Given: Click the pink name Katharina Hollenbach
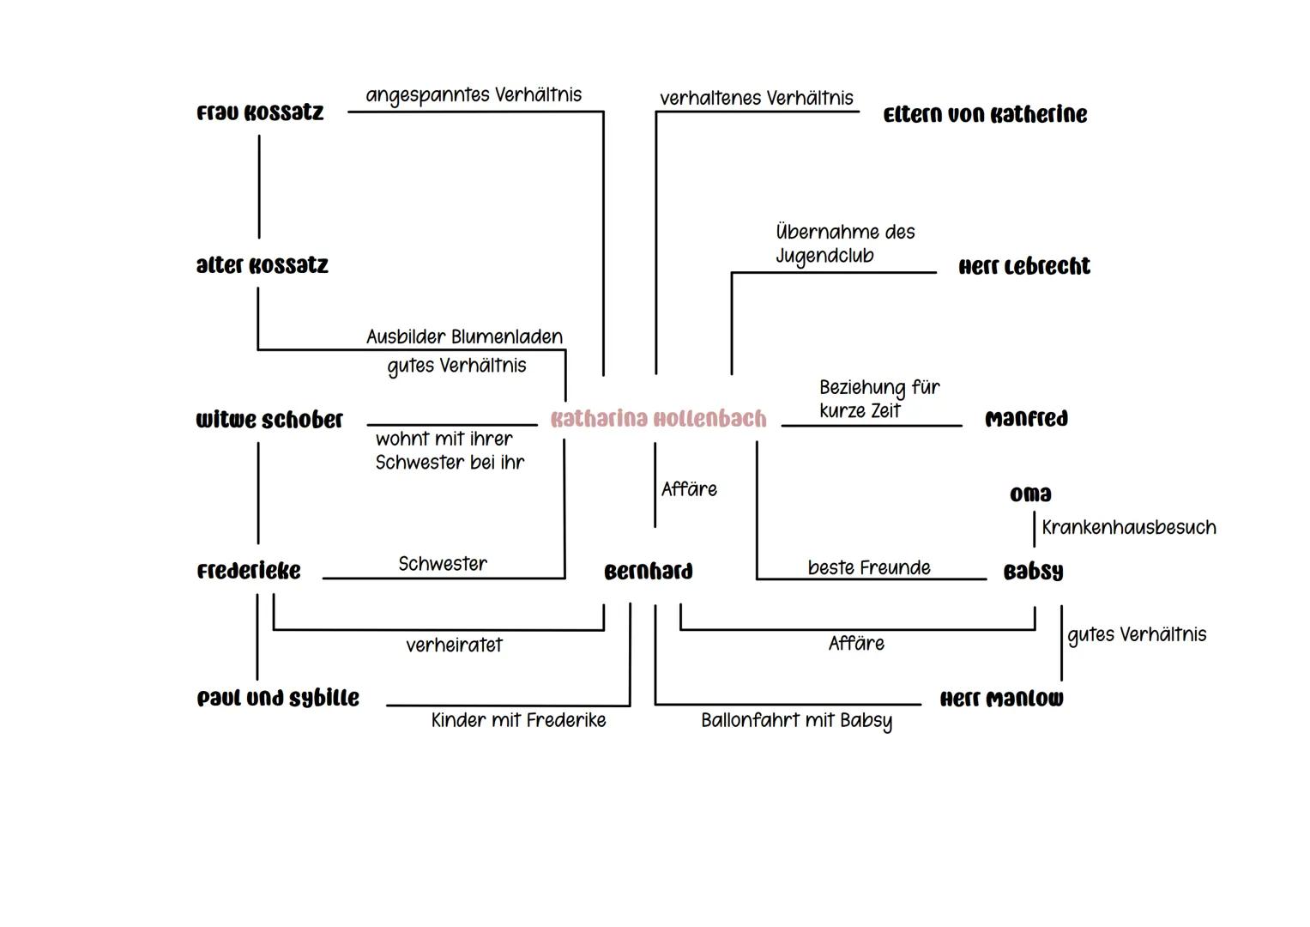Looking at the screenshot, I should click(x=658, y=419).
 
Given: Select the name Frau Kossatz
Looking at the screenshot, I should click(x=260, y=113).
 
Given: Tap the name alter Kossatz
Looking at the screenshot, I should click(x=262, y=266).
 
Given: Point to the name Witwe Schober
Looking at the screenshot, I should click(x=269, y=420).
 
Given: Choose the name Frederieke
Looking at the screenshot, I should click(x=249, y=572).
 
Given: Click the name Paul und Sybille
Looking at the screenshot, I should click(x=278, y=699).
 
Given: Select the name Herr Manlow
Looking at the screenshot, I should click(x=1001, y=700).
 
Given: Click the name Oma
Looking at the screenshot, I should click(x=1030, y=494).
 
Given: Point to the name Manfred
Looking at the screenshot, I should click(x=1026, y=420).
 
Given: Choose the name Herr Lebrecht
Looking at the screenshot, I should click(x=1024, y=267).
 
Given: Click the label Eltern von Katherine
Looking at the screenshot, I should click(x=985, y=115).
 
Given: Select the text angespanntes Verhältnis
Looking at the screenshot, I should click(x=474, y=95).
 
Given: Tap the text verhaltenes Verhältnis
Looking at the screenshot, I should click(x=757, y=99).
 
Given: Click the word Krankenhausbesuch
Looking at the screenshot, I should click(x=1129, y=528).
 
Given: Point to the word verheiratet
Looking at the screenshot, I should click(x=454, y=645).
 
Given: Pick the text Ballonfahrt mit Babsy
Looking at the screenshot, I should click(x=796, y=721).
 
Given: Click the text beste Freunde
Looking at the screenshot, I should click(x=869, y=568).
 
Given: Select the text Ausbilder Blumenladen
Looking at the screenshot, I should click(x=464, y=337).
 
